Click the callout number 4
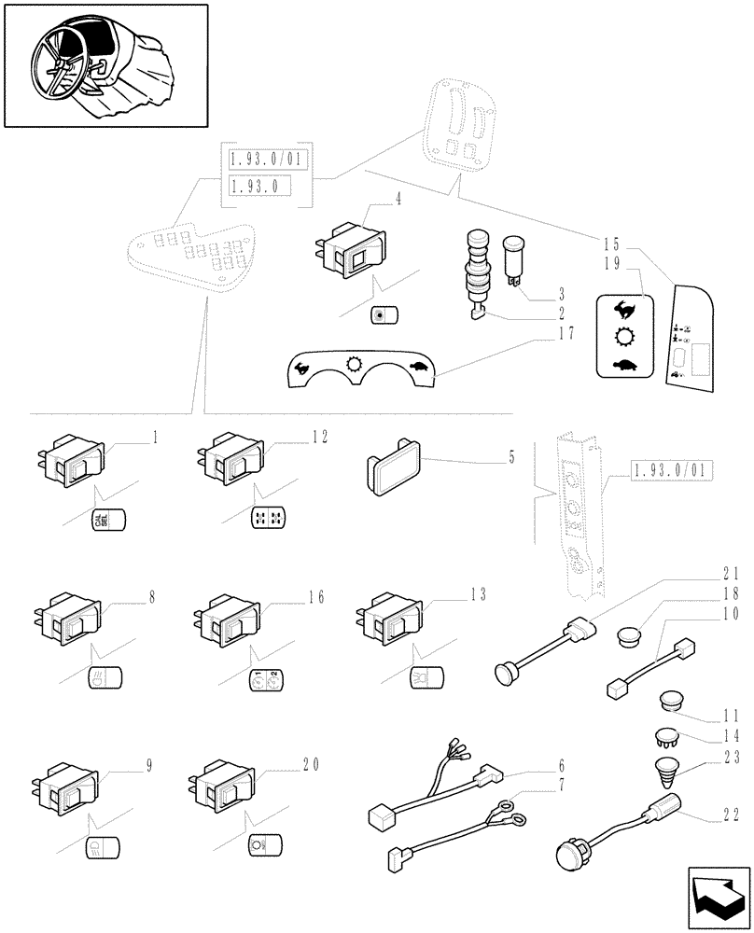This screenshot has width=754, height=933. (372, 200)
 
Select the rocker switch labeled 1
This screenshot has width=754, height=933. (67, 461)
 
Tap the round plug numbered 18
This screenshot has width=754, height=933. (629, 638)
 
